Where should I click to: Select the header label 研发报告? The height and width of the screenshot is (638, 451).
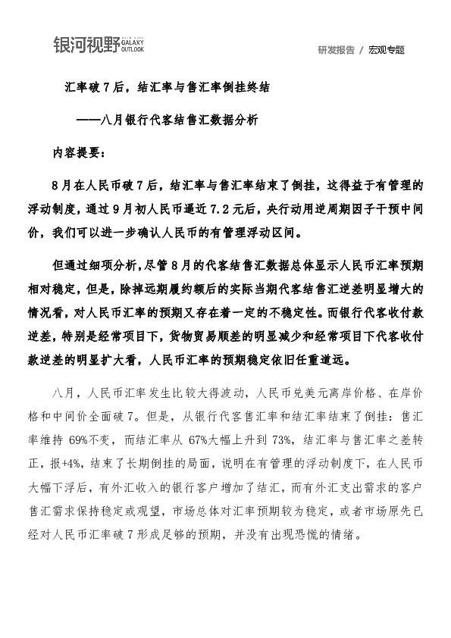click(336, 50)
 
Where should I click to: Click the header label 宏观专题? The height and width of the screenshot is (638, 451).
click(387, 50)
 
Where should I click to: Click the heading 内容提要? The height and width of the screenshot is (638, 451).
click(78, 152)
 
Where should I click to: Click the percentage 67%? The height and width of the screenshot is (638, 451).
click(204, 437)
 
